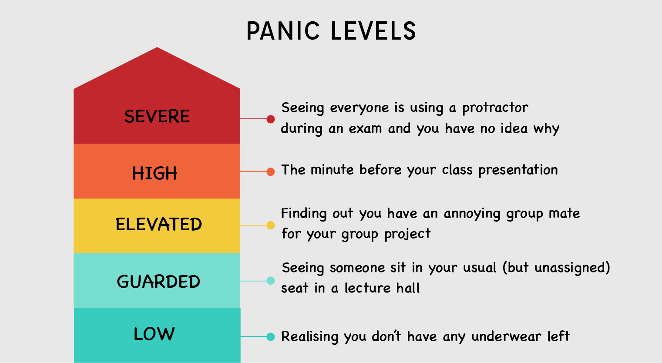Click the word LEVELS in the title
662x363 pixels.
coord(373,31)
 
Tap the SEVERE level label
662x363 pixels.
coord(157,117)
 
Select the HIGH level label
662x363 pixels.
coord(155,174)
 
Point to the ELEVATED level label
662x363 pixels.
coord(158,225)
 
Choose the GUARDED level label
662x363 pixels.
coord(158,282)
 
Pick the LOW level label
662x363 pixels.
coord(154,334)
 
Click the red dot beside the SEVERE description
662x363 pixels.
coord(271,119)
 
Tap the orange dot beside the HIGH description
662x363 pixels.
coord(271,171)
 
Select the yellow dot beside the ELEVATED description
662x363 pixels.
coord(271,225)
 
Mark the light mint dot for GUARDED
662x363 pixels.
coord(271,281)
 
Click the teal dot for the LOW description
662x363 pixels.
coord(271,336)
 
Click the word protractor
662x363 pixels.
coord(495,108)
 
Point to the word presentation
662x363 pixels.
coord(518,170)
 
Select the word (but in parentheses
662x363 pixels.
coord(516,268)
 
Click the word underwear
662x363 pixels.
coord(507,337)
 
